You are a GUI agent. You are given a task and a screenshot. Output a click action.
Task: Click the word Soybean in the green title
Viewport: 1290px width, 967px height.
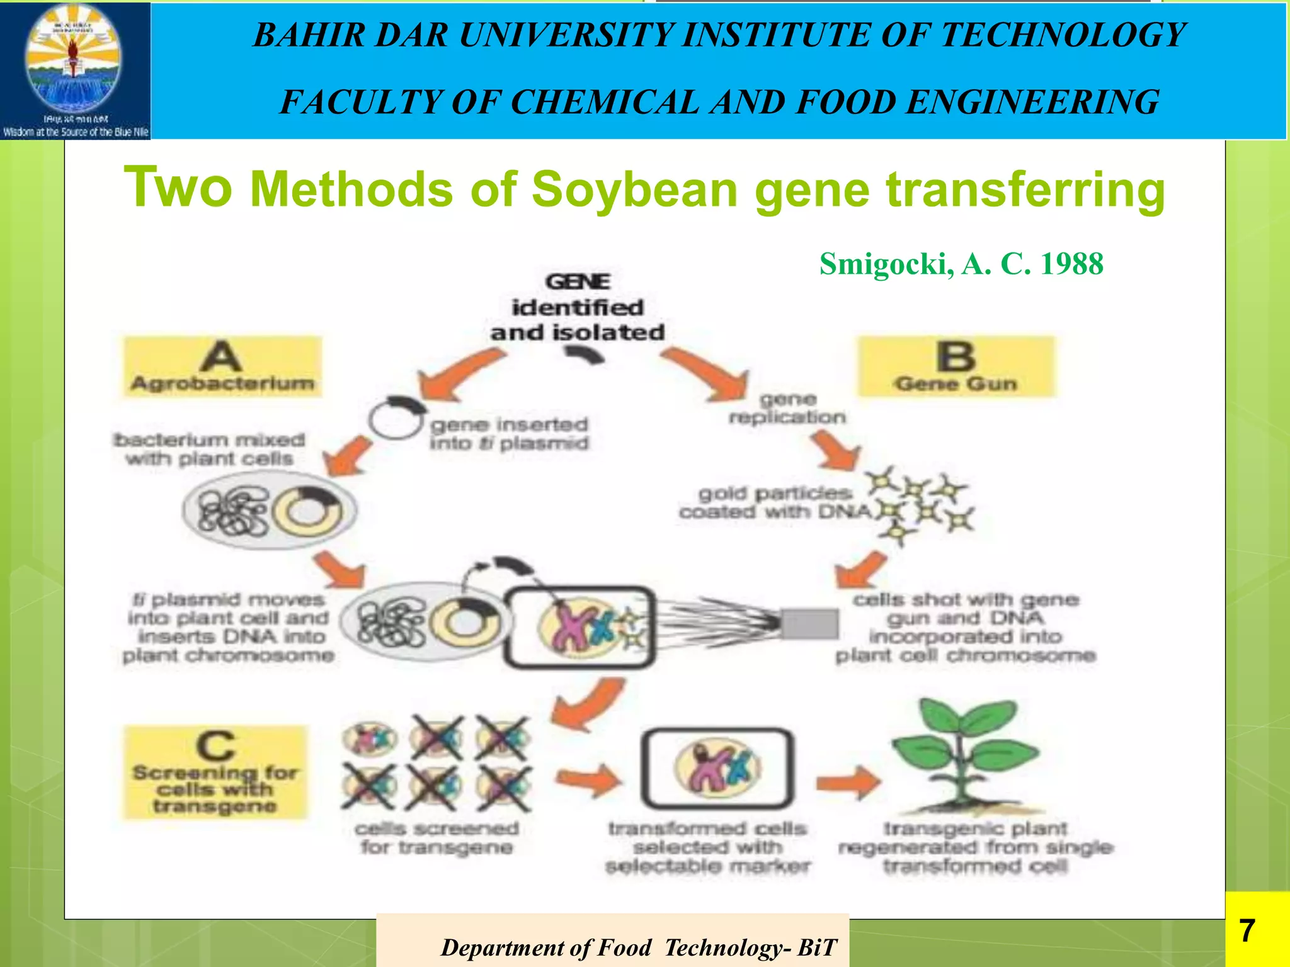click(x=634, y=189)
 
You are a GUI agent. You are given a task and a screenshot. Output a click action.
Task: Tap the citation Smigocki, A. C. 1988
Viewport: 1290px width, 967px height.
click(x=961, y=264)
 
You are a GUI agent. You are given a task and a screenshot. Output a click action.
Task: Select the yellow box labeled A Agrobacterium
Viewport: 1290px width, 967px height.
click(x=222, y=367)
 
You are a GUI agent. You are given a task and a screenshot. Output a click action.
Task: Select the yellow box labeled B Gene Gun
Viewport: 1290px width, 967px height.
click(x=956, y=367)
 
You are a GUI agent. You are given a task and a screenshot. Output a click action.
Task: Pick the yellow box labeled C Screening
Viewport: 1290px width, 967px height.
click(x=215, y=772)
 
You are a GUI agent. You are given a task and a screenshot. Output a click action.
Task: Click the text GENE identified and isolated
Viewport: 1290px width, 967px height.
click(x=578, y=307)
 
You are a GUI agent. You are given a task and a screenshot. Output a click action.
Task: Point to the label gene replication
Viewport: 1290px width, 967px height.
click(x=787, y=408)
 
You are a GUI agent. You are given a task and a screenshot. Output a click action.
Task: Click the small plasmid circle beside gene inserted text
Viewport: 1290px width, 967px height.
click(x=396, y=417)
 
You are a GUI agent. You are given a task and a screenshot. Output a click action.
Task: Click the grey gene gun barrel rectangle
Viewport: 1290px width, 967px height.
click(x=810, y=624)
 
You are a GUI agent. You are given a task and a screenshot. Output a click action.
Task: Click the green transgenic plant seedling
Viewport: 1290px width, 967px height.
click(x=964, y=755)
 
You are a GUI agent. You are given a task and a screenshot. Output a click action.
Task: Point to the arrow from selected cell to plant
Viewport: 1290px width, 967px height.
click(x=848, y=783)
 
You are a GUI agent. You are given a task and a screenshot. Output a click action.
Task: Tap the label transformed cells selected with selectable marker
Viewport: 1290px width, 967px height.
click(x=707, y=847)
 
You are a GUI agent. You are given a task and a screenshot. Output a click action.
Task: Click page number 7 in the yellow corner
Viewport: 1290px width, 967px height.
click(x=1247, y=930)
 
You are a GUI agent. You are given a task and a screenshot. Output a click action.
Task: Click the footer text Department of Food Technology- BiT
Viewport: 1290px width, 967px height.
click(x=638, y=947)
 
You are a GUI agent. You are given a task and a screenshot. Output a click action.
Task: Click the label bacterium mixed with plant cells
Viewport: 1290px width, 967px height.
click(x=210, y=449)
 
